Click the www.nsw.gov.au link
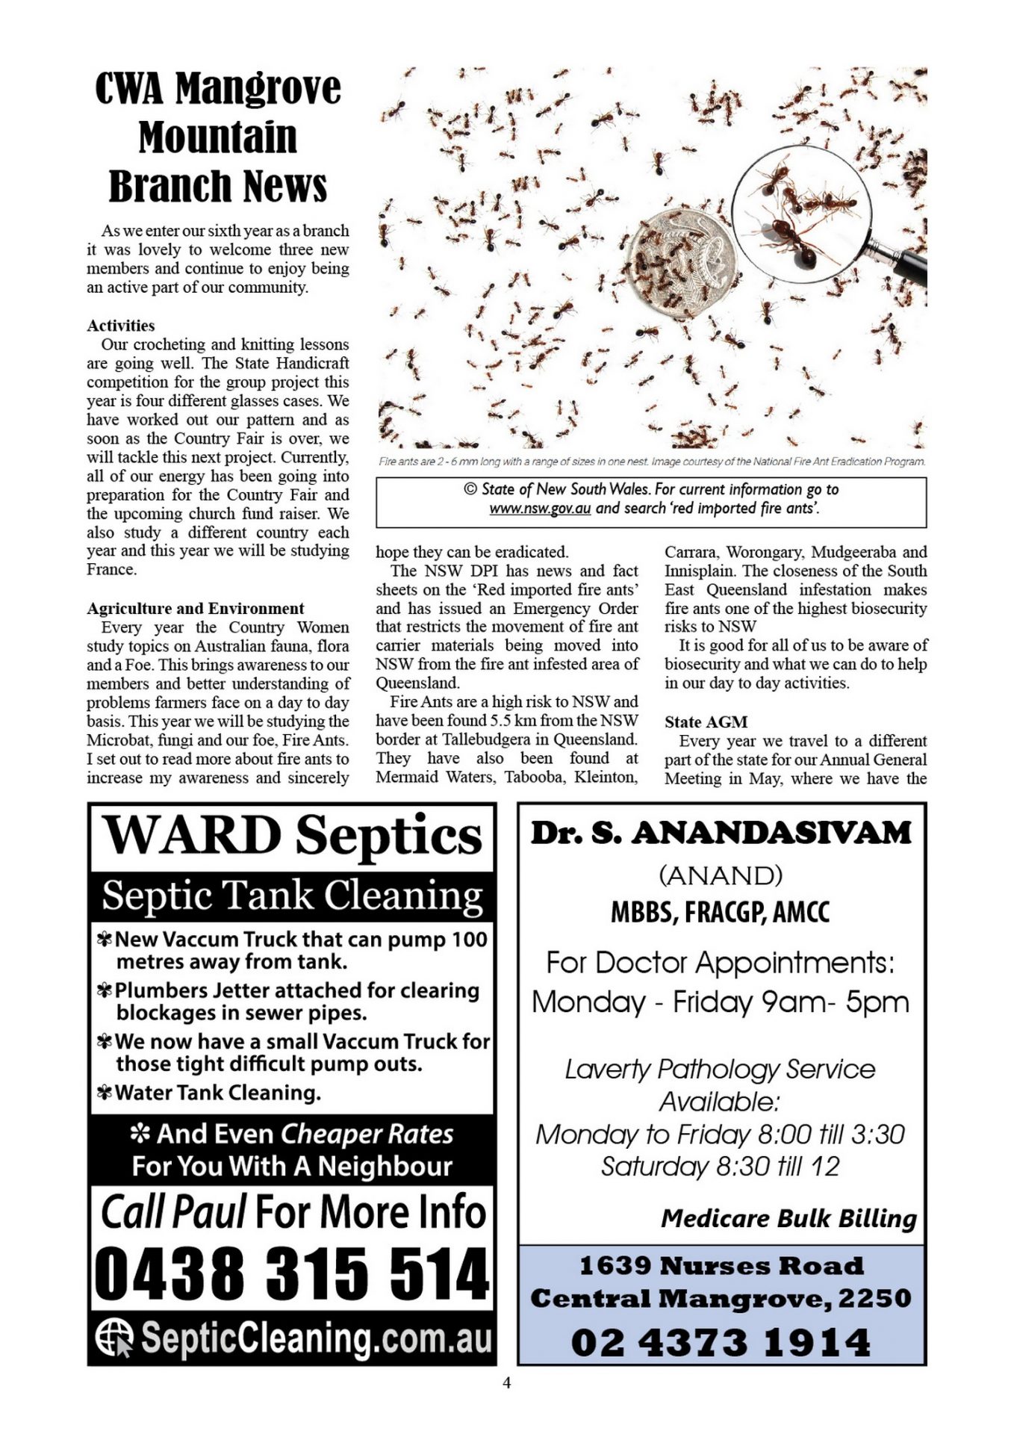point(540,509)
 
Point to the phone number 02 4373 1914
point(721,1342)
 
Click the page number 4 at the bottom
point(507,1382)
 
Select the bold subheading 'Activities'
point(121,326)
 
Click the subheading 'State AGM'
point(706,722)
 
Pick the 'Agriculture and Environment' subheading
point(196,609)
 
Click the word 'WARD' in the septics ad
point(190,835)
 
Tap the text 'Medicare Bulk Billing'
point(789,1219)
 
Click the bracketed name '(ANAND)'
point(721,875)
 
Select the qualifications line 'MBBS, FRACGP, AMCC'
point(721,912)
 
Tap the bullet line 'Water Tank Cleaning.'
point(217,1093)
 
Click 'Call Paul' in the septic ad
point(173,1211)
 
